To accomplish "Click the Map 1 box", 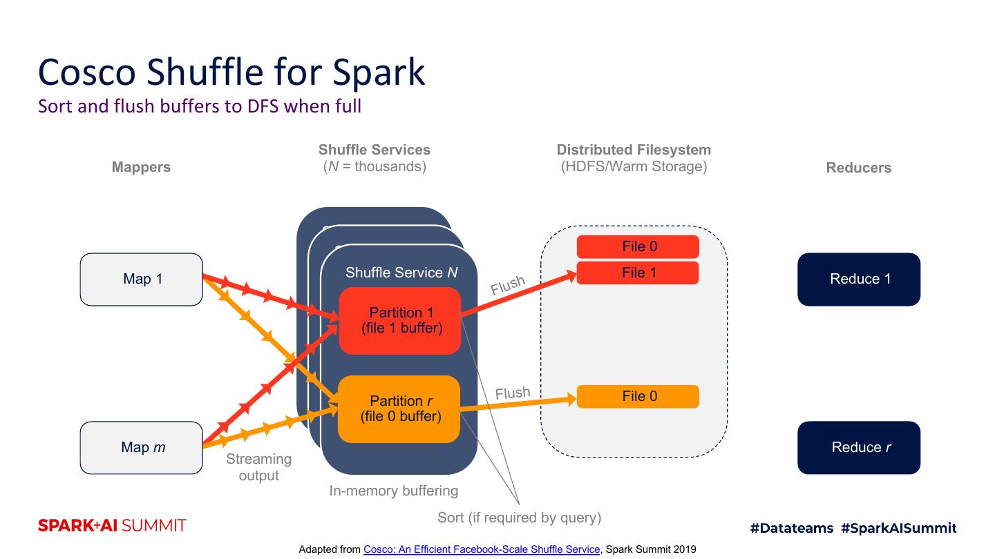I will (x=142, y=279).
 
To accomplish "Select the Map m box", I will (x=142, y=447).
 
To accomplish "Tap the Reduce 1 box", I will (x=859, y=279).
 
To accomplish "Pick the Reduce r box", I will (x=859, y=447).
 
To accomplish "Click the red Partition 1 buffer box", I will (x=400, y=321).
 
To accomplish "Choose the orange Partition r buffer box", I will (x=399, y=409).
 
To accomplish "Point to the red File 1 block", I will (x=638, y=273).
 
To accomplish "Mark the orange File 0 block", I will (x=638, y=396).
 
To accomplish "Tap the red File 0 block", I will (x=638, y=246).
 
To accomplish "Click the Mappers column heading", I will (x=141, y=167).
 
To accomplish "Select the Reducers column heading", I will (x=858, y=168).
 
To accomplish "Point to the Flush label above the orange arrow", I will (x=513, y=393).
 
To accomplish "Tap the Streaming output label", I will (x=258, y=467).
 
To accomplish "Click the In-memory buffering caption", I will (x=393, y=491).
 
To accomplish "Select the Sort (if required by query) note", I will (x=519, y=517).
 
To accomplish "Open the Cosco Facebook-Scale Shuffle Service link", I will (x=482, y=549).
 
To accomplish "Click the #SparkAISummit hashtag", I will (x=898, y=528).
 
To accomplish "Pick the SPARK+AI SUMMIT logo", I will (x=112, y=526).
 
